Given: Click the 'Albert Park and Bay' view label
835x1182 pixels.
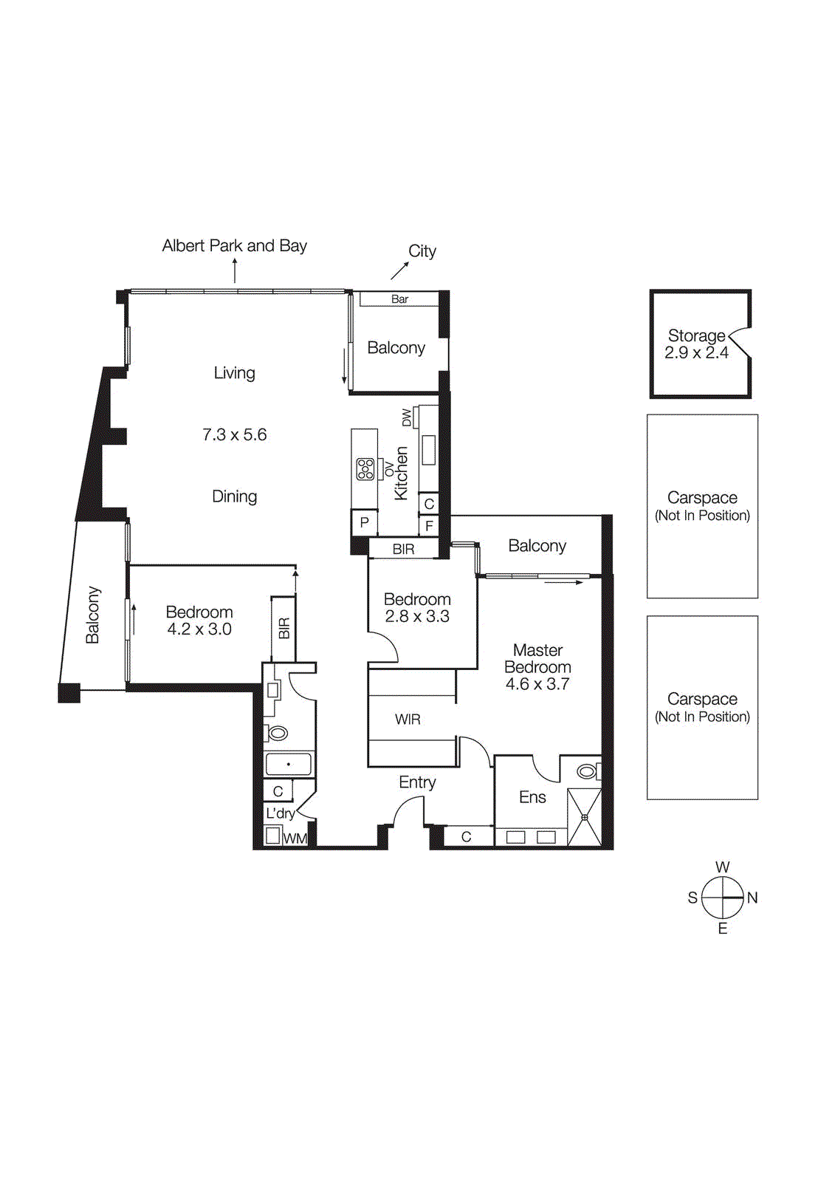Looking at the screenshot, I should click(x=234, y=246).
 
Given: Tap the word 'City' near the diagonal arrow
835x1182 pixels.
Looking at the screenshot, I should click(x=422, y=251).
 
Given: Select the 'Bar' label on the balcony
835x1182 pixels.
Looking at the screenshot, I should click(x=399, y=299).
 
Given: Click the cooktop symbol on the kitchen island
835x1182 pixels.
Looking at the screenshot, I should click(x=365, y=469).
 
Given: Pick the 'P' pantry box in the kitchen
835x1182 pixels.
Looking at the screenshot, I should click(x=364, y=522).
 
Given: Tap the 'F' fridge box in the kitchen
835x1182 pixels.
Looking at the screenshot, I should click(x=429, y=527).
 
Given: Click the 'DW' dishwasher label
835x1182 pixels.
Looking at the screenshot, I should click(x=407, y=417).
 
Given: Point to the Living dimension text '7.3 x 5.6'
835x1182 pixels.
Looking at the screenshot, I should click(x=234, y=435).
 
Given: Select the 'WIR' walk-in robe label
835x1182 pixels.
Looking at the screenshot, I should click(x=408, y=720).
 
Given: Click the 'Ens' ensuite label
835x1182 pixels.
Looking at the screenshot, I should click(x=532, y=798).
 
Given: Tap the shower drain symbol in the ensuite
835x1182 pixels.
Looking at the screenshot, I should click(x=585, y=818).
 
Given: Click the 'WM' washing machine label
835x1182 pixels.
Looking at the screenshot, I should click(x=295, y=838).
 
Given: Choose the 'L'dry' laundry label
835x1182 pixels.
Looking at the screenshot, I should click(x=280, y=813).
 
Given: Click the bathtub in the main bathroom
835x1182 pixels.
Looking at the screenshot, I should click(x=288, y=764).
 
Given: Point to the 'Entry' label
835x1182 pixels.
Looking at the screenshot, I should click(x=417, y=782).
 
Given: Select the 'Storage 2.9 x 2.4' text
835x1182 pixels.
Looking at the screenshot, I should click(x=696, y=344).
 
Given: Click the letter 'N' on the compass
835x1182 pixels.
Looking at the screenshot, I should click(x=752, y=898).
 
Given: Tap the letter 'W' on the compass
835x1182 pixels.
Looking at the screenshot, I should click(x=722, y=867).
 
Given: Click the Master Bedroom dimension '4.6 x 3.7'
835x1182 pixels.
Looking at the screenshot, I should click(x=537, y=684).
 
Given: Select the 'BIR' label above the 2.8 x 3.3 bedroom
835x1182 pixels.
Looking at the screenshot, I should click(x=404, y=550).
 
